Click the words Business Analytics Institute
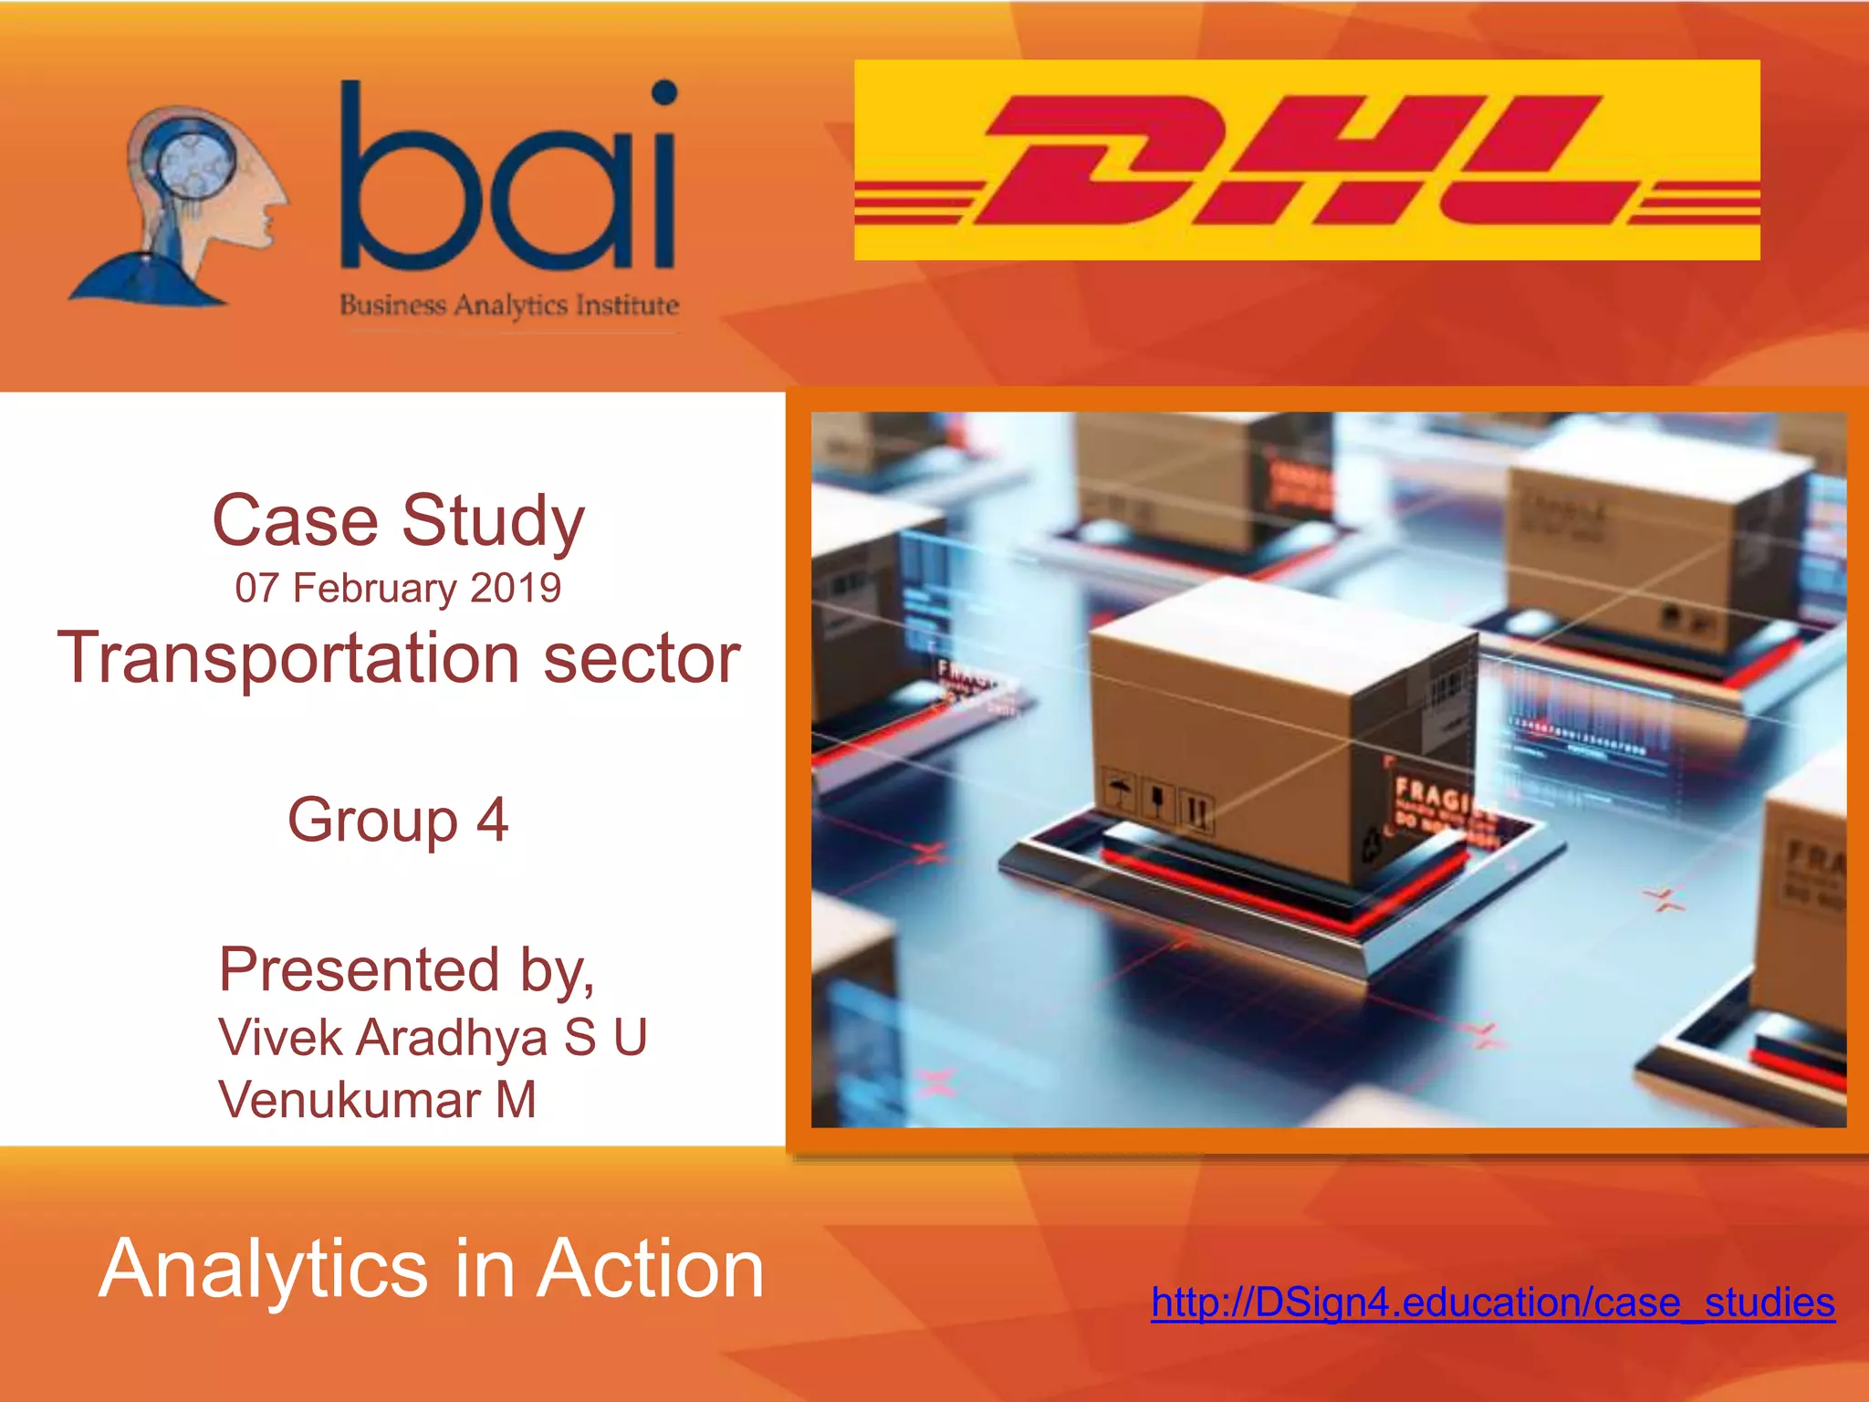[x=509, y=305]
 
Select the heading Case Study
[x=398, y=520]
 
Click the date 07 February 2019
[x=398, y=588]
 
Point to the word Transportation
[x=288, y=658]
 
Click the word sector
[x=642, y=658]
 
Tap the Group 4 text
[x=398, y=819]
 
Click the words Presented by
[x=406, y=969]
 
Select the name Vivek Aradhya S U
[x=433, y=1038]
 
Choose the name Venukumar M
[x=377, y=1099]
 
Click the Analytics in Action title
[x=431, y=1269]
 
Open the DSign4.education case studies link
[x=1493, y=1303]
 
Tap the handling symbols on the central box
[x=1159, y=800]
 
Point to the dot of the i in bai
[x=664, y=93]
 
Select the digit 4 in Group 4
[x=492, y=819]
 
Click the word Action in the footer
[x=650, y=1269]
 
